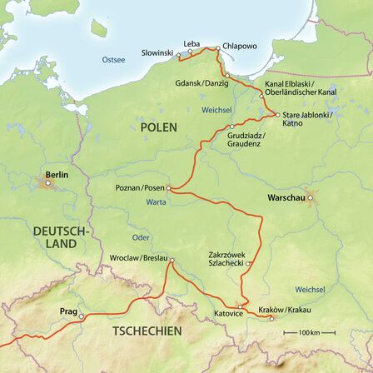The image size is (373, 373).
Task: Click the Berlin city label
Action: (57, 175)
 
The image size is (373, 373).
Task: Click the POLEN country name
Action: (158, 127)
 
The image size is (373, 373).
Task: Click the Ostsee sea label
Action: (114, 59)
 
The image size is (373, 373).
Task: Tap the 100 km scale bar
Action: (310, 332)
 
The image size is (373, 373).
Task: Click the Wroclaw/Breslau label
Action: (139, 257)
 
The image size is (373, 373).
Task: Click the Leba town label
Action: (191, 43)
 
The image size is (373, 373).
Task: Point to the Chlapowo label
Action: (239, 47)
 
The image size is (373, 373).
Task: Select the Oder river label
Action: (141, 237)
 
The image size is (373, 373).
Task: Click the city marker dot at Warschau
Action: (311, 198)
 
